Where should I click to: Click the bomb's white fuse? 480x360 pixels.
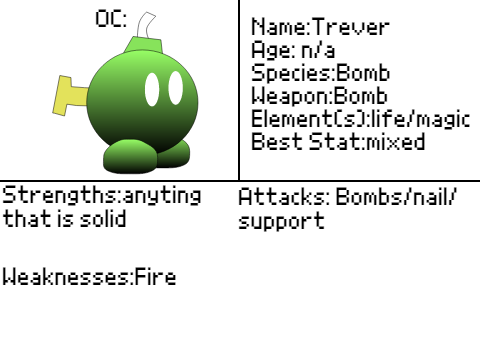(x=145, y=26)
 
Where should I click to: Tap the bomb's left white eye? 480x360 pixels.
(x=152, y=89)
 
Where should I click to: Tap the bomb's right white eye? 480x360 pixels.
(x=176, y=88)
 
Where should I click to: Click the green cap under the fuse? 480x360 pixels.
(x=143, y=45)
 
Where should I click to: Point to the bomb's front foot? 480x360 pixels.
(x=130, y=157)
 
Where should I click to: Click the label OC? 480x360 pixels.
(x=111, y=19)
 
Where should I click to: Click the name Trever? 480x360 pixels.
(x=351, y=27)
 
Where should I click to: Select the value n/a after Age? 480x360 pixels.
(x=318, y=51)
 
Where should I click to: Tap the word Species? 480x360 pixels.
(x=291, y=74)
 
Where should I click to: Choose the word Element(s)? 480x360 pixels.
(x=309, y=119)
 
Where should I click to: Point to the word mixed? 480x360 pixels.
(x=396, y=141)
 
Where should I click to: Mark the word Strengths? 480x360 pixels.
(x=60, y=196)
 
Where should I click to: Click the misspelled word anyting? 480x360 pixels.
(x=162, y=196)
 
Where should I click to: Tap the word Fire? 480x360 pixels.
(x=155, y=276)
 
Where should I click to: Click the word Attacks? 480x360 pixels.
(x=282, y=197)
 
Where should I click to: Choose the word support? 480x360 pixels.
(x=282, y=221)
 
